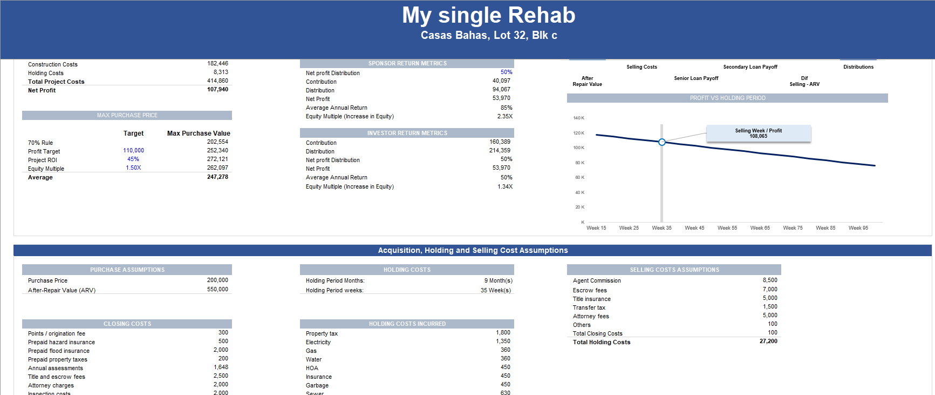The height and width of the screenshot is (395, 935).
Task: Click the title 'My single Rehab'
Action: point(488,15)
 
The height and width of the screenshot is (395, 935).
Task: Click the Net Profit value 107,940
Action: point(217,90)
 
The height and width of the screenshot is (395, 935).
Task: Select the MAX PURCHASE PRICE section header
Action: point(127,115)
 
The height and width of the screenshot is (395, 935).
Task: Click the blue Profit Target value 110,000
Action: point(133,151)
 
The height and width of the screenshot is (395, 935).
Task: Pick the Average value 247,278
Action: point(217,177)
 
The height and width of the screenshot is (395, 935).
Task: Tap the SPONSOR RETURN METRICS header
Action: point(407,63)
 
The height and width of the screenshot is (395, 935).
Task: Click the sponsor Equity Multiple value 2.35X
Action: point(504,116)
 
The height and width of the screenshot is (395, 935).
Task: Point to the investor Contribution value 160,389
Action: point(500,142)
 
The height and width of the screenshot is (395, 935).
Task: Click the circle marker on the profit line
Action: point(662,142)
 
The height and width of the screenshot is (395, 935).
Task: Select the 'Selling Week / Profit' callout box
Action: point(758,133)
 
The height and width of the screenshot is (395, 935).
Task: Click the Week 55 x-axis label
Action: point(727,228)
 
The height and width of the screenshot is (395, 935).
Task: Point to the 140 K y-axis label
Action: point(578,118)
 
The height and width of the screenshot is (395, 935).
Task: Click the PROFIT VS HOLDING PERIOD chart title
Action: point(727,98)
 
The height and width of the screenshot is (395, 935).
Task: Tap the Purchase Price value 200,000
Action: point(217,280)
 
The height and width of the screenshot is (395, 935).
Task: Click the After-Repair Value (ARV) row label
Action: point(62,290)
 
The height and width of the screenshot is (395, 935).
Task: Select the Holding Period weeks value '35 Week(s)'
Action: point(496,290)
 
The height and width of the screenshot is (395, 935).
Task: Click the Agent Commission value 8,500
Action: point(770,280)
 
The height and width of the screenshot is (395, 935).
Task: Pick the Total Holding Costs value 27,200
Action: point(768,342)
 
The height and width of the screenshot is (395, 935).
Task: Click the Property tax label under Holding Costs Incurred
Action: point(322,333)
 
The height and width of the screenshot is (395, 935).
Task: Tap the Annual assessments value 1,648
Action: point(221,367)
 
